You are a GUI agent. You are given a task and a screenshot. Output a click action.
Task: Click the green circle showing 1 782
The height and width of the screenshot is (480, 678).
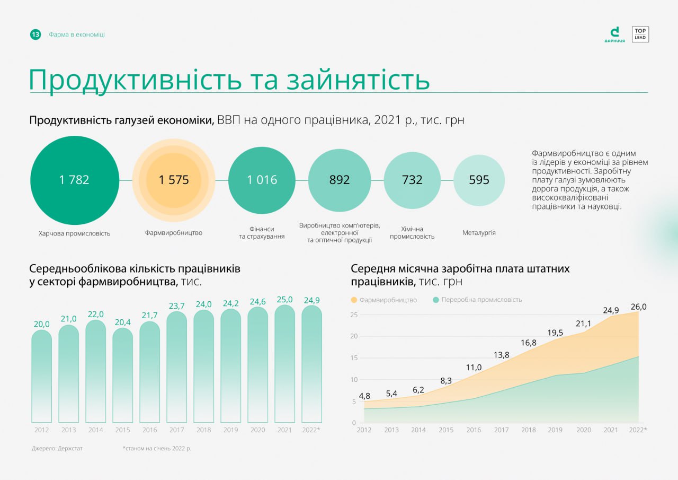click(x=74, y=180)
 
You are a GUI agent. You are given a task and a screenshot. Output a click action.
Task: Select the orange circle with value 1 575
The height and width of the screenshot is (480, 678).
click(x=174, y=180)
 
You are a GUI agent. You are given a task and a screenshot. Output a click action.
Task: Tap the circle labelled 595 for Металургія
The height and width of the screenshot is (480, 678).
click(x=479, y=180)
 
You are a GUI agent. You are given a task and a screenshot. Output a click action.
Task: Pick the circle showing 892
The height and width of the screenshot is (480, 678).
click(x=340, y=180)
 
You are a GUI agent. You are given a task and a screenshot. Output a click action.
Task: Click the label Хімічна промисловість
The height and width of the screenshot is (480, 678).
click(x=412, y=233)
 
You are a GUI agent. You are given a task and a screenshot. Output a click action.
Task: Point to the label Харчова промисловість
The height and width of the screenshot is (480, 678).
click(x=74, y=233)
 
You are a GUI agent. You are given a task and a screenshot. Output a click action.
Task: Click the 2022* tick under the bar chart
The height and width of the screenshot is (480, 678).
click(x=311, y=430)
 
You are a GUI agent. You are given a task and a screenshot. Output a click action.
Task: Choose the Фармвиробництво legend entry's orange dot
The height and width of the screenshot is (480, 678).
click(x=354, y=300)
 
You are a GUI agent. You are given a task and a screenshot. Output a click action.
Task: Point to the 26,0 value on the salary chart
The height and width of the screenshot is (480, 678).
click(x=638, y=307)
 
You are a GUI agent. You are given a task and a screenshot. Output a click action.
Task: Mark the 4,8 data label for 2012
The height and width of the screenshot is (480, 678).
click(x=364, y=396)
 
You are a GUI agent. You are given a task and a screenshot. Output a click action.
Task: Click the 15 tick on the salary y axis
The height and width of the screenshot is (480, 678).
click(x=354, y=358)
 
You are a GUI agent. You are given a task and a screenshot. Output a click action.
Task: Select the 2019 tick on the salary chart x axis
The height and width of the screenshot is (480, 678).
click(x=555, y=430)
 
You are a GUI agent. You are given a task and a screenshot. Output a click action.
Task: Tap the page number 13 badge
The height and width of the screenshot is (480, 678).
click(x=35, y=34)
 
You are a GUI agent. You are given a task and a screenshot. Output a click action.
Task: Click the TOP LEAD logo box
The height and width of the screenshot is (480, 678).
click(x=640, y=34)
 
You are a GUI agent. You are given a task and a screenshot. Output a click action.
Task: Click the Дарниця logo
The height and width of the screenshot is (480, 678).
click(x=614, y=34)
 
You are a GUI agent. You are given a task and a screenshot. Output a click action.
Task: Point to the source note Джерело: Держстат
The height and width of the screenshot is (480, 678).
click(x=57, y=449)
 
